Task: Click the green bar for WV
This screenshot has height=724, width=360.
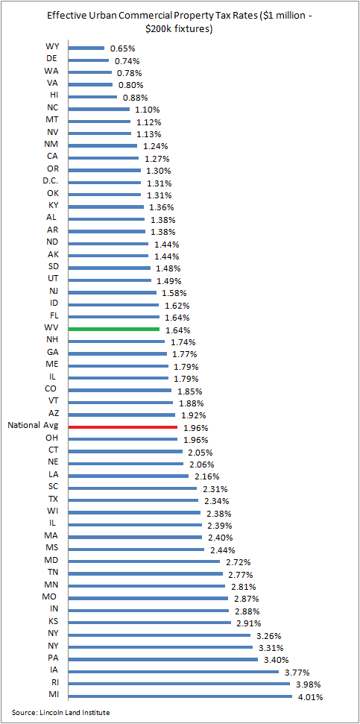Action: [113, 330]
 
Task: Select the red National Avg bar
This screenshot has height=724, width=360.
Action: [123, 426]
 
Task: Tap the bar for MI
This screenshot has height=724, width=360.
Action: [180, 696]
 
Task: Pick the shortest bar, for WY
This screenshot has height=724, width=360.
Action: [86, 48]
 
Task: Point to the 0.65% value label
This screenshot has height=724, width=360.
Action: [122, 48]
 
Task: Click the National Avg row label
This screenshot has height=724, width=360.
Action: [34, 425]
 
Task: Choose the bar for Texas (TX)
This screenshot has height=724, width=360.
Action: [133, 500]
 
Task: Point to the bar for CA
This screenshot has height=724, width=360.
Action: [104, 158]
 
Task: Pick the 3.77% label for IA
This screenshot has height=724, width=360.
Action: [297, 673]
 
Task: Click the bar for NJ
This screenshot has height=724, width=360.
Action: [112, 292]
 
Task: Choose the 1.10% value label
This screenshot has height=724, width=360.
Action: [148, 110]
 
